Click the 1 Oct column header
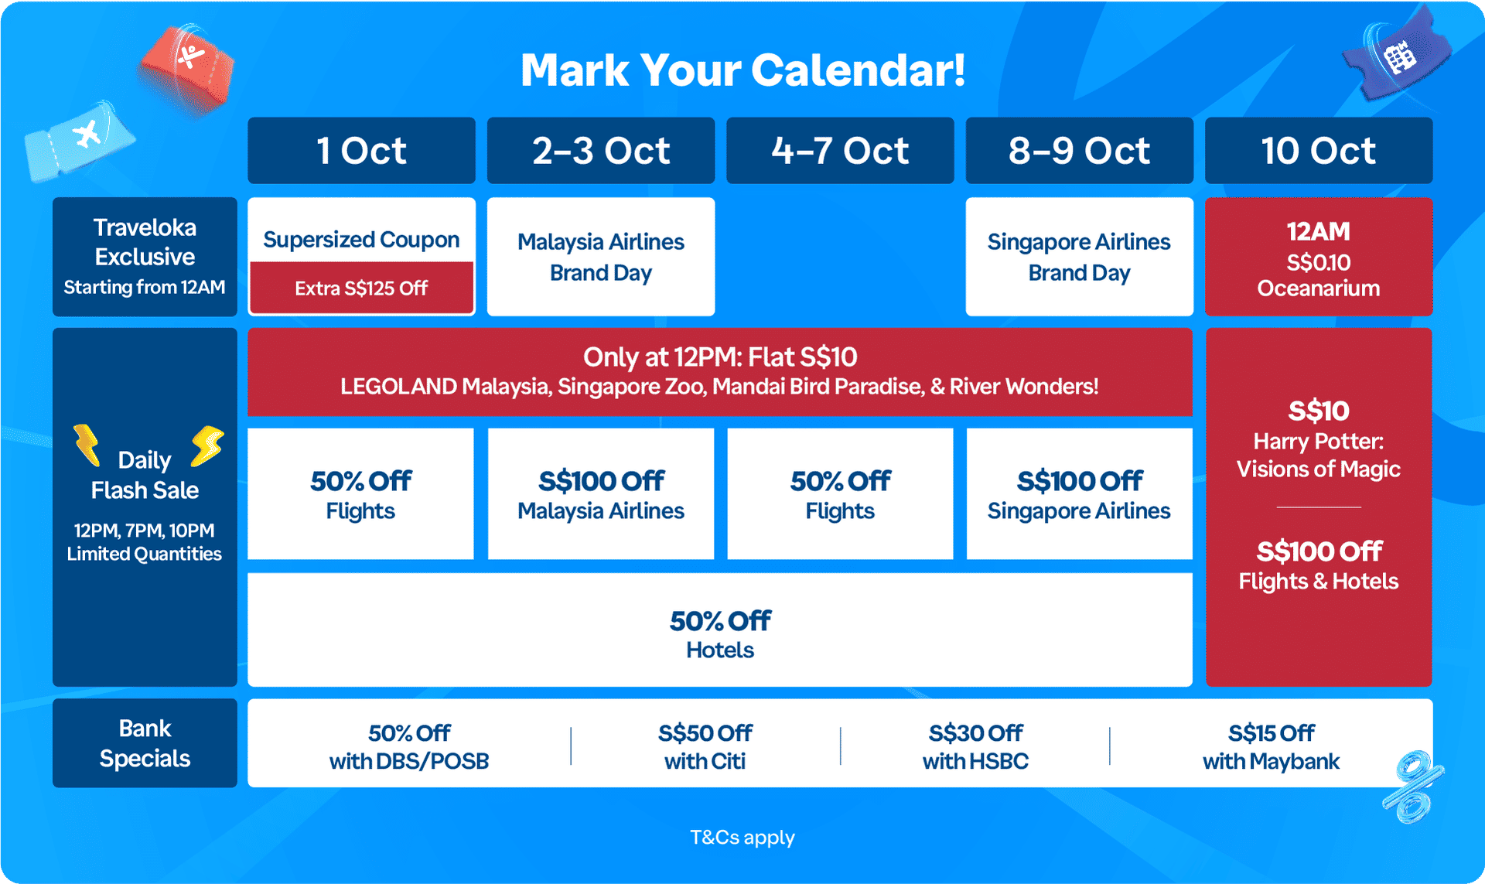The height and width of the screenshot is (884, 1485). [361, 150]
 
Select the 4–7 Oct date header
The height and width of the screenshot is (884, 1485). [840, 150]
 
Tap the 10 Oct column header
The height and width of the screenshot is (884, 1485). [1319, 150]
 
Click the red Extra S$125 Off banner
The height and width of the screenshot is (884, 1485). [361, 288]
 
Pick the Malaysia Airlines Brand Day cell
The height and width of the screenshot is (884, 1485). [601, 257]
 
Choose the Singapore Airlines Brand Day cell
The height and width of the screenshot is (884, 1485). [1079, 257]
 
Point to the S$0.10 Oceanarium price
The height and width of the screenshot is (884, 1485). [1319, 275]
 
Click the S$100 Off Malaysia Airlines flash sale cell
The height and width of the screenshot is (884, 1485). [601, 493]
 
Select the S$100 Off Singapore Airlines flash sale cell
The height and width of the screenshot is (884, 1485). [1080, 493]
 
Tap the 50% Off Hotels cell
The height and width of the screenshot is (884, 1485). [720, 630]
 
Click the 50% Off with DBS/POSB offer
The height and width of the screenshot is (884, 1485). [409, 746]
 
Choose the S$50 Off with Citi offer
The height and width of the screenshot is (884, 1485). [705, 746]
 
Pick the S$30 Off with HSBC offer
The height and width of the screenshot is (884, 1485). [975, 746]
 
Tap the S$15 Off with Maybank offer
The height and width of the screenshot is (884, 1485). [1271, 746]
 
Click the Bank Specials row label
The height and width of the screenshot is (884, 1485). [145, 743]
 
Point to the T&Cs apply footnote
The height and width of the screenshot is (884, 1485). [742, 838]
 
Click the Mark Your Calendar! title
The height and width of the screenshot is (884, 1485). [742, 70]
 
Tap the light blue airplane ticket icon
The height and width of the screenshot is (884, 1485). [79, 140]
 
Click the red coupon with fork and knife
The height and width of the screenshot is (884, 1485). [186, 68]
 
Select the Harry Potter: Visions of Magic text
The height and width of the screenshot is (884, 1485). [1319, 455]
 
